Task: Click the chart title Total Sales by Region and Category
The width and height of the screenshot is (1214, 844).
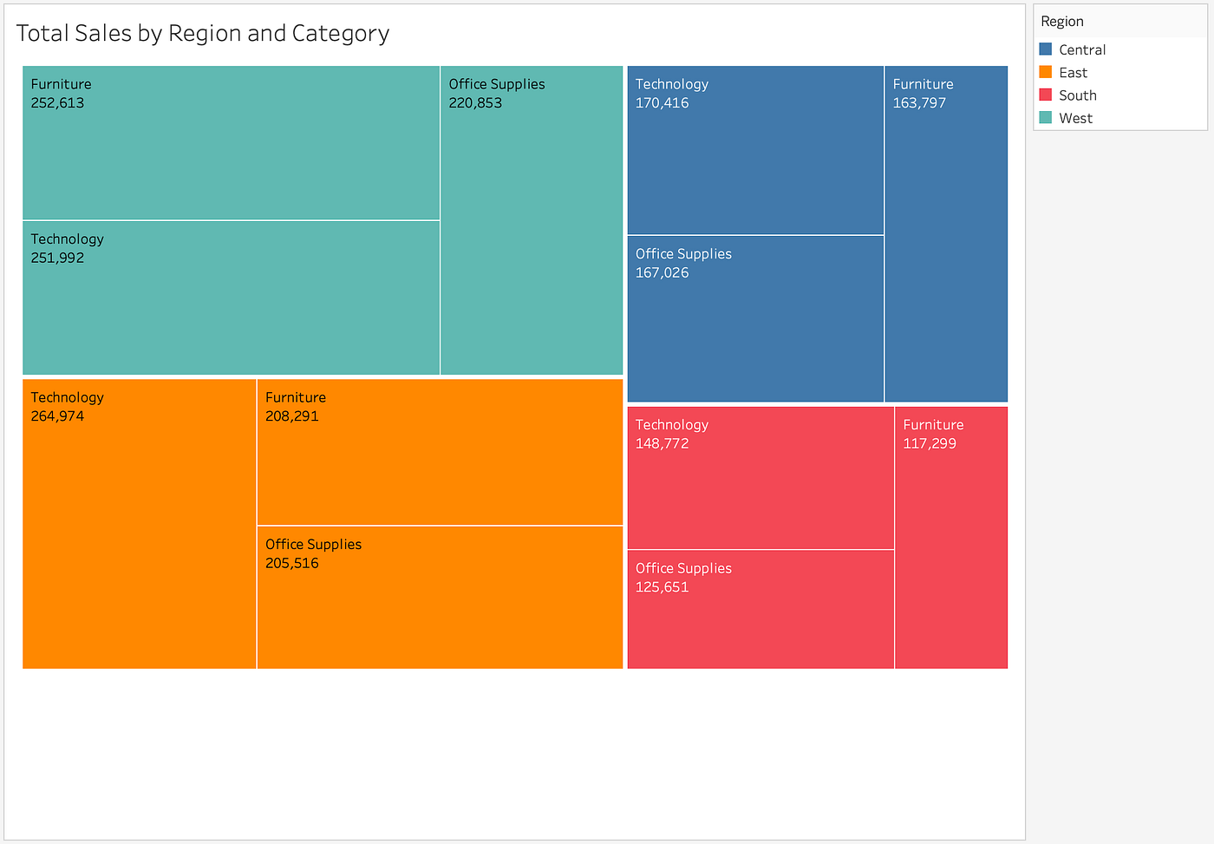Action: [x=203, y=33]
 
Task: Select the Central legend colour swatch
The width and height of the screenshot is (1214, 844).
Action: [x=1046, y=49]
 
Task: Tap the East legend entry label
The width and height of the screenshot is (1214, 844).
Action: [x=1073, y=73]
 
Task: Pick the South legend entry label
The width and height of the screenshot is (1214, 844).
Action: [x=1077, y=95]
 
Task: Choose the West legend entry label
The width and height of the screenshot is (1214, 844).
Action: [x=1075, y=118]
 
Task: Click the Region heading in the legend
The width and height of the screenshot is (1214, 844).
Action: [x=1062, y=22]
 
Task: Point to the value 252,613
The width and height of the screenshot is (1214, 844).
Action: [x=57, y=103]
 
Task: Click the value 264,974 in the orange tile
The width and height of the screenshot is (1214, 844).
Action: [x=57, y=416]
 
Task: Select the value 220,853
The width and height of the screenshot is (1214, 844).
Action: [x=475, y=103]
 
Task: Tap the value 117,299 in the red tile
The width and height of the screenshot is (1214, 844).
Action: [x=930, y=443]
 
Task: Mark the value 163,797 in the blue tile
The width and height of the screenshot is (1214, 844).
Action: [x=919, y=103]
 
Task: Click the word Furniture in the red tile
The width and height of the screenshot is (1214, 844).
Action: [x=933, y=425]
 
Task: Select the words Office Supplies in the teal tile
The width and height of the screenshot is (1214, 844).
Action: [x=497, y=84]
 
